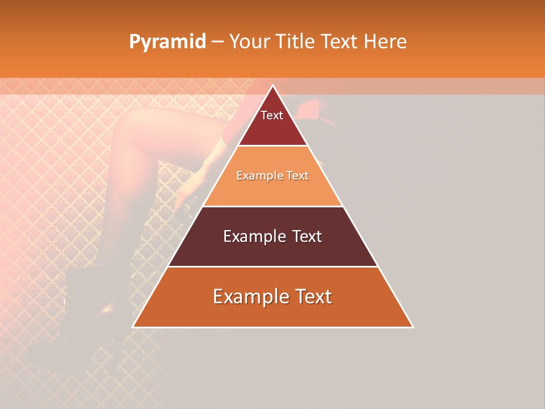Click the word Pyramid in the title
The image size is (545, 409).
(x=167, y=42)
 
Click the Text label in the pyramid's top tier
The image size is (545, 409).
(x=272, y=115)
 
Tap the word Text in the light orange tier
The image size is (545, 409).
(x=297, y=176)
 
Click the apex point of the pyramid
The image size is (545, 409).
(x=272, y=86)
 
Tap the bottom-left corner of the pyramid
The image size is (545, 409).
(x=133, y=327)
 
